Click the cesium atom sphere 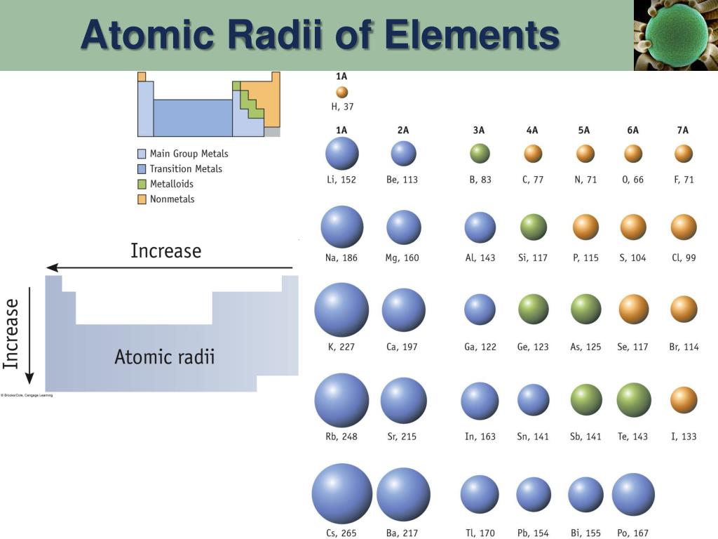pos(342,493)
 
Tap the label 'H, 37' pos(342,107)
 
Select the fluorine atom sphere pos(684,154)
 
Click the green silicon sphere pos(534,227)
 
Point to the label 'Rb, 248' pos(341,437)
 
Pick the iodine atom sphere pos(684,400)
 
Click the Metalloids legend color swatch pos(142,184)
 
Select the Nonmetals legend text pos(172,199)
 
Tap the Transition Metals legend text pos(186,168)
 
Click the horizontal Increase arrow pos(169,267)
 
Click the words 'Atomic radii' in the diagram pos(165,357)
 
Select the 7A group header pos(682,130)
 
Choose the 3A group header pos(479,130)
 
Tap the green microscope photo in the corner pos(675,35)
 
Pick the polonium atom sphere pos(633,494)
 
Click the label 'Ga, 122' pos(480,347)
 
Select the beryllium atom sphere pos(403,154)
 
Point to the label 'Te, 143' pos(632,437)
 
